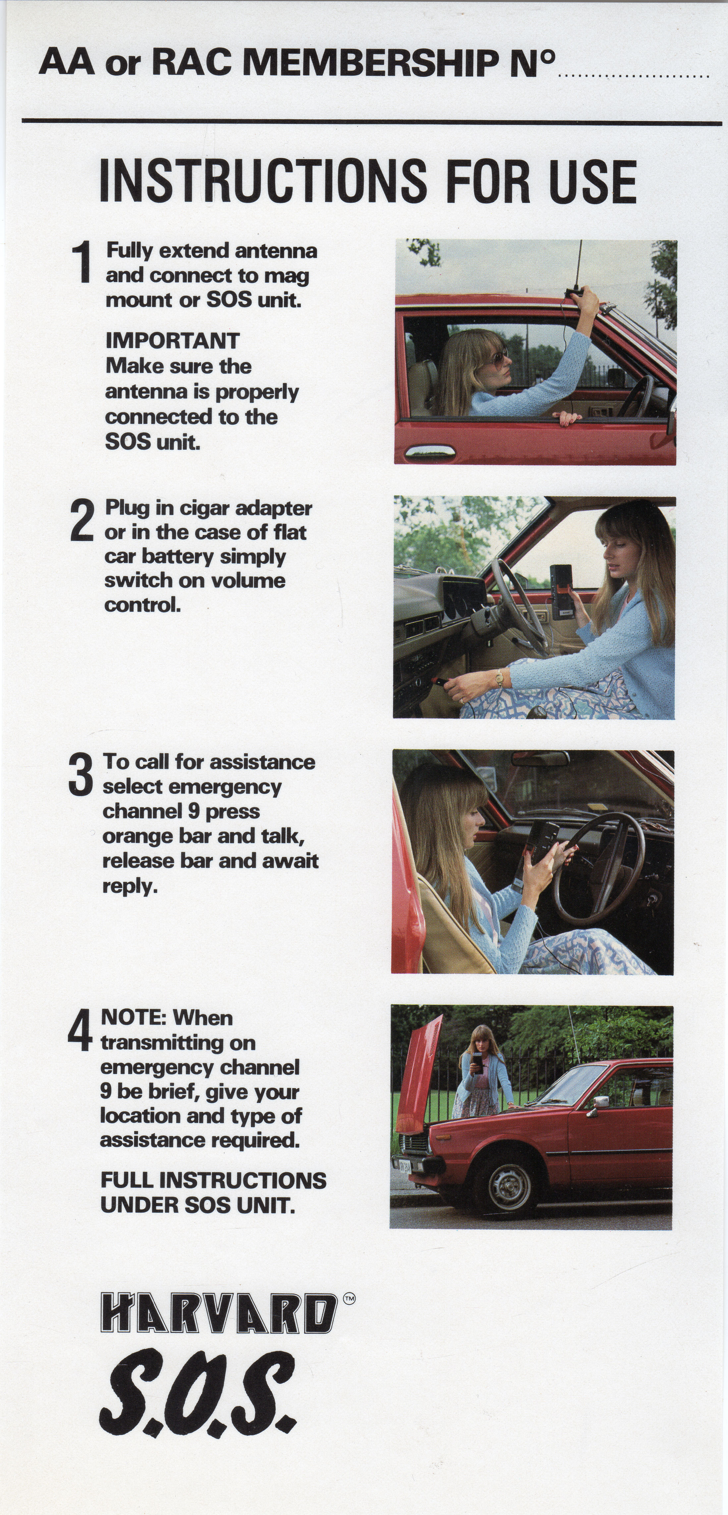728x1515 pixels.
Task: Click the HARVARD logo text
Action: click(219, 1313)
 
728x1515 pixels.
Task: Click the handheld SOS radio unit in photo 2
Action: click(563, 590)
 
